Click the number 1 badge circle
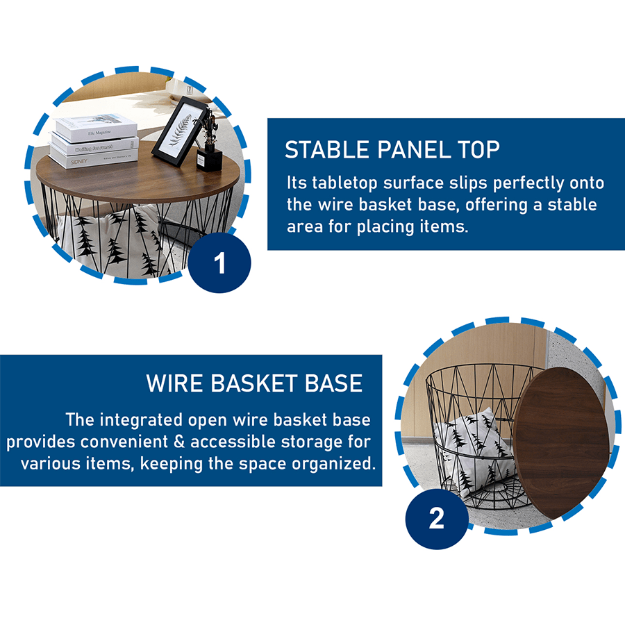coord(219,262)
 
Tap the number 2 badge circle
coord(437,518)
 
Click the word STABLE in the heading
coord(327,150)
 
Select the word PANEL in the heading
coord(414,150)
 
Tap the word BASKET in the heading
coord(253,383)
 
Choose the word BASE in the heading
coord(333,383)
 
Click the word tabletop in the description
coord(344,183)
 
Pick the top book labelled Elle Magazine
coord(97,127)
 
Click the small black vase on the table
coord(209,158)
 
